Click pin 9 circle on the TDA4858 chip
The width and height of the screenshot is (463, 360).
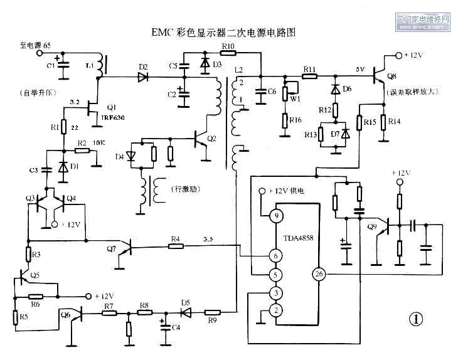pyautogui.click(x=275, y=217)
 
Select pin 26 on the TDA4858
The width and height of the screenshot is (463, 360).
pyautogui.click(x=318, y=273)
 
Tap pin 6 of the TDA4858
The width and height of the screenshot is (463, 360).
pyautogui.click(x=274, y=255)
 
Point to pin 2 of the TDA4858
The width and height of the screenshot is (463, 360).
pyautogui.click(x=274, y=310)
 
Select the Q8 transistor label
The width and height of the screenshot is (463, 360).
pyautogui.click(x=393, y=77)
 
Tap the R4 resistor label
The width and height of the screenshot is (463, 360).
pyautogui.click(x=176, y=238)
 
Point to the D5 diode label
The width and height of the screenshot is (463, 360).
pyautogui.click(x=186, y=302)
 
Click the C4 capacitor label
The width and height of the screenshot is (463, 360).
pyautogui.click(x=176, y=327)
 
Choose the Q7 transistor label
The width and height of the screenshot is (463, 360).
pyautogui.click(x=111, y=250)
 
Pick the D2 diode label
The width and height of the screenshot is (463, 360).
pyautogui.click(x=143, y=66)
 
